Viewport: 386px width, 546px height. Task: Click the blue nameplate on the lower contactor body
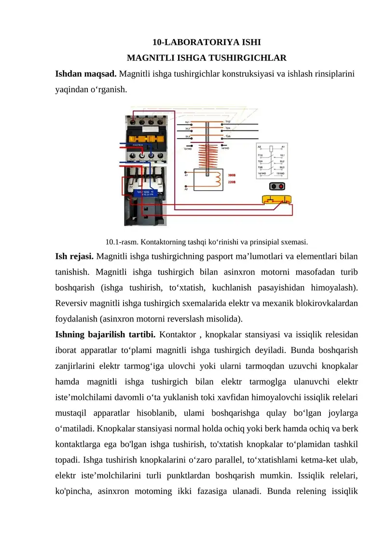click(x=147, y=194)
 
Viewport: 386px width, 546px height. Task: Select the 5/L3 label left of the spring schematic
click(x=187, y=137)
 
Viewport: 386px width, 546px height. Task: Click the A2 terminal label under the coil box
click(x=186, y=189)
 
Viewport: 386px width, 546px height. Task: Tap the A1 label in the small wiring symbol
click(x=283, y=146)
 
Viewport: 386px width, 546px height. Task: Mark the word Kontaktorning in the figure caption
click(x=155, y=241)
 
